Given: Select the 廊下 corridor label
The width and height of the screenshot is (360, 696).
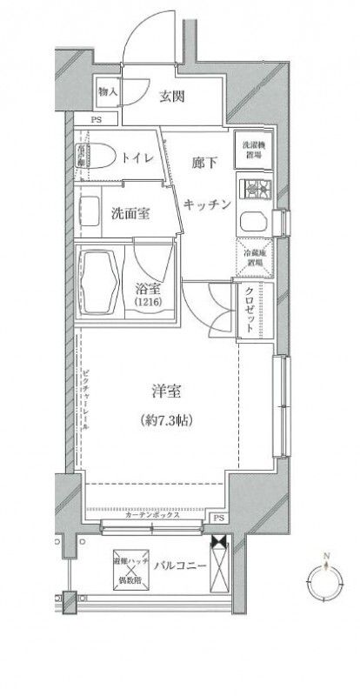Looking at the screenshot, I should point(202,163).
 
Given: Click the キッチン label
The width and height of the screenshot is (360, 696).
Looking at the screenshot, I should point(208,204).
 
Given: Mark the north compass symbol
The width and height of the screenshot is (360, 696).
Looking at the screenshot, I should point(326,576).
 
